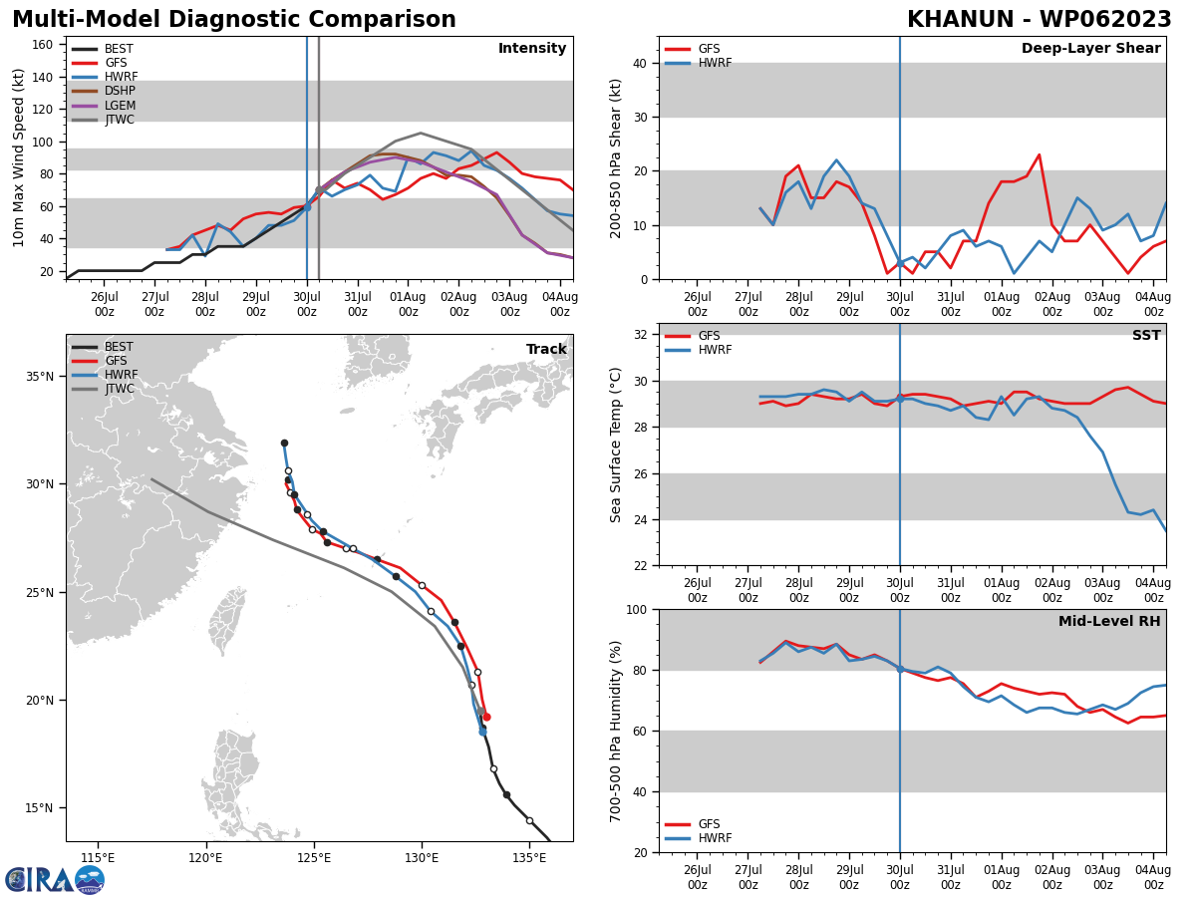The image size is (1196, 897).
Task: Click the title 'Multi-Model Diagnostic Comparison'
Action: pyautogui.click(x=234, y=20)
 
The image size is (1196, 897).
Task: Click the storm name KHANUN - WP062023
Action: pyautogui.click(x=1039, y=20)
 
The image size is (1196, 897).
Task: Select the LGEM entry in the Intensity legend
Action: pyautogui.click(x=120, y=106)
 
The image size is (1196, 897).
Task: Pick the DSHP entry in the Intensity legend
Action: pyautogui.click(x=120, y=92)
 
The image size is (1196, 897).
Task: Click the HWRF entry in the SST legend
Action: pyautogui.click(x=715, y=351)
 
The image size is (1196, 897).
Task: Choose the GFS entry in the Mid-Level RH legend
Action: pyautogui.click(x=709, y=824)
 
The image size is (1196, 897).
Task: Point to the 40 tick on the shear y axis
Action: pyautogui.click(x=639, y=64)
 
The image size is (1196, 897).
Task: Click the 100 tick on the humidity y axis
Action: pyautogui.click(x=635, y=610)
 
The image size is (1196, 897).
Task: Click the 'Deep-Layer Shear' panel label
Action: pyautogui.click(x=1090, y=49)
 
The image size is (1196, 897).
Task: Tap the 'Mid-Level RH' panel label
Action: pyautogui.click(x=1108, y=622)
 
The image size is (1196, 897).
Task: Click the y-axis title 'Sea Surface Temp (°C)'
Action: pyautogui.click(x=616, y=445)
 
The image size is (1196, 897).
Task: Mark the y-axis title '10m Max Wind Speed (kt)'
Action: pyautogui.click(x=20, y=157)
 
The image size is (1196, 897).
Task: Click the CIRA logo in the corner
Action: pyautogui.click(x=55, y=879)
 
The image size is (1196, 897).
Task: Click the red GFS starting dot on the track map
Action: pyautogui.click(x=485, y=717)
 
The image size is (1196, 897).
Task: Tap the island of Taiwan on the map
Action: pyautogui.click(x=226, y=621)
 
